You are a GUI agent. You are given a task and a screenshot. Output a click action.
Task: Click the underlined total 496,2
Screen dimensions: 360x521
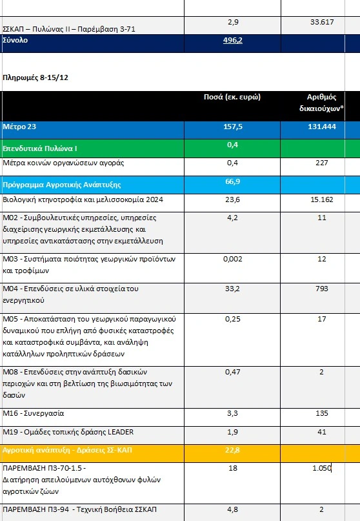click(x=232, y=40)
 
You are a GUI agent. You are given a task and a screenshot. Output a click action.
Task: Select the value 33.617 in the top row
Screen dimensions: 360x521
click(x=322, y=22)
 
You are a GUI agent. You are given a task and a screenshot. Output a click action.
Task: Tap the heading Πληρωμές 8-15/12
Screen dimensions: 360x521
click(x=35, y=77)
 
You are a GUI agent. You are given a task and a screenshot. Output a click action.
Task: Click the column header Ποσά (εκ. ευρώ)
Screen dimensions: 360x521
click(x=232, y=97)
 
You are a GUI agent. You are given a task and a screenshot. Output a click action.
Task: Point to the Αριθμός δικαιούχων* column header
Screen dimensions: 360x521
click(x=321, y=103)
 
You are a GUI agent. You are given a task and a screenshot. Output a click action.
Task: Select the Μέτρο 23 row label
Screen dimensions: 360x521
click(x=19, y=127)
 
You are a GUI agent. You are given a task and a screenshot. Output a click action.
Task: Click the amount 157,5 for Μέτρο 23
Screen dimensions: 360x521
click(x=232, y=127)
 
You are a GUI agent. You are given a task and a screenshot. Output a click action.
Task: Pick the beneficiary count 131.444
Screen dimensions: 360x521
click(x=322, y=127)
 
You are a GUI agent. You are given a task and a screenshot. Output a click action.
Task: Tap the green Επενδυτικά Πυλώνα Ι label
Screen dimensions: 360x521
click(x=40, y=148)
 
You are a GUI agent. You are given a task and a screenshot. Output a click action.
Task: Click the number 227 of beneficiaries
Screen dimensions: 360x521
click(x=322, y=163)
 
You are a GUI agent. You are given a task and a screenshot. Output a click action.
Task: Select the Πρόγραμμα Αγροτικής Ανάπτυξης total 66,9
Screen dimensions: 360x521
click(x=232, y=181)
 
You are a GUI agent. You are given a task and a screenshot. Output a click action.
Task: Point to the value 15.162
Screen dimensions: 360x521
click(x=322, y=199)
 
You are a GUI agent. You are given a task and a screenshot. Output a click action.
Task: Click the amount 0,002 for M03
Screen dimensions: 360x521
click(x=232, y=259)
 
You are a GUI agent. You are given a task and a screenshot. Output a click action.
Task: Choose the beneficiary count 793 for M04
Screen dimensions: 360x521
click(x=322, y=289)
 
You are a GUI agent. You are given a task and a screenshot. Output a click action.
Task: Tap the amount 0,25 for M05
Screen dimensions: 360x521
click(x=232, y=319)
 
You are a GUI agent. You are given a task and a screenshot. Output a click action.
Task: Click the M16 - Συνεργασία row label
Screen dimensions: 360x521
click(x=33, y=413)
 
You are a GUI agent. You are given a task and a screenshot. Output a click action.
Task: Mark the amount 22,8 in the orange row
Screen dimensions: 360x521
click(x=232, y=450)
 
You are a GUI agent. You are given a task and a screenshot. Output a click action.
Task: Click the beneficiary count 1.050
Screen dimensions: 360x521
click(x=322, y=468)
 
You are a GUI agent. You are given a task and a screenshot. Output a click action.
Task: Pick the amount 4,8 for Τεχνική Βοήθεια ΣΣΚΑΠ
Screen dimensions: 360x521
click(x=232, y=509)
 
